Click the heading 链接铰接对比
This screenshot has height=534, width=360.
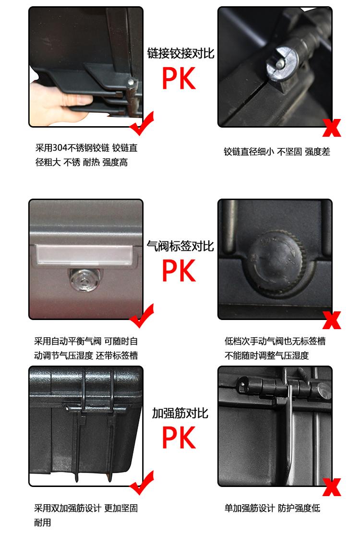(x=180, y=53)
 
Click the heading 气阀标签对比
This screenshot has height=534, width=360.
(x=180, y=246)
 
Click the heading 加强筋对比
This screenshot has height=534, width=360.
(x=180, y=413)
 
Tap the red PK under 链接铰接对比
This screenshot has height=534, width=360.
(x=179, y=78)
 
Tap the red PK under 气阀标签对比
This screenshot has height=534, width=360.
(x=179, y=271)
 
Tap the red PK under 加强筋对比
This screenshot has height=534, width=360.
(x=179, y=437)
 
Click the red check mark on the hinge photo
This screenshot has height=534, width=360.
(x=142, y=123)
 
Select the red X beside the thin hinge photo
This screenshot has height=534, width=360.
(x=331, y=128)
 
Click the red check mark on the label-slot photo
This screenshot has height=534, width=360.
(x=142, y=316)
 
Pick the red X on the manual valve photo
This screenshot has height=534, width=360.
(x=331, y=320)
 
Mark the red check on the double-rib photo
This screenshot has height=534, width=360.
(x=142, y=483)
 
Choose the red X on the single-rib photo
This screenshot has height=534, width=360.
(x=331, y=487)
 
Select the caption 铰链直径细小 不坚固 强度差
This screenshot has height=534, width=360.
(x=277, y=152)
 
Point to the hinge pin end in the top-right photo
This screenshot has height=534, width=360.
(x=280, y=63)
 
